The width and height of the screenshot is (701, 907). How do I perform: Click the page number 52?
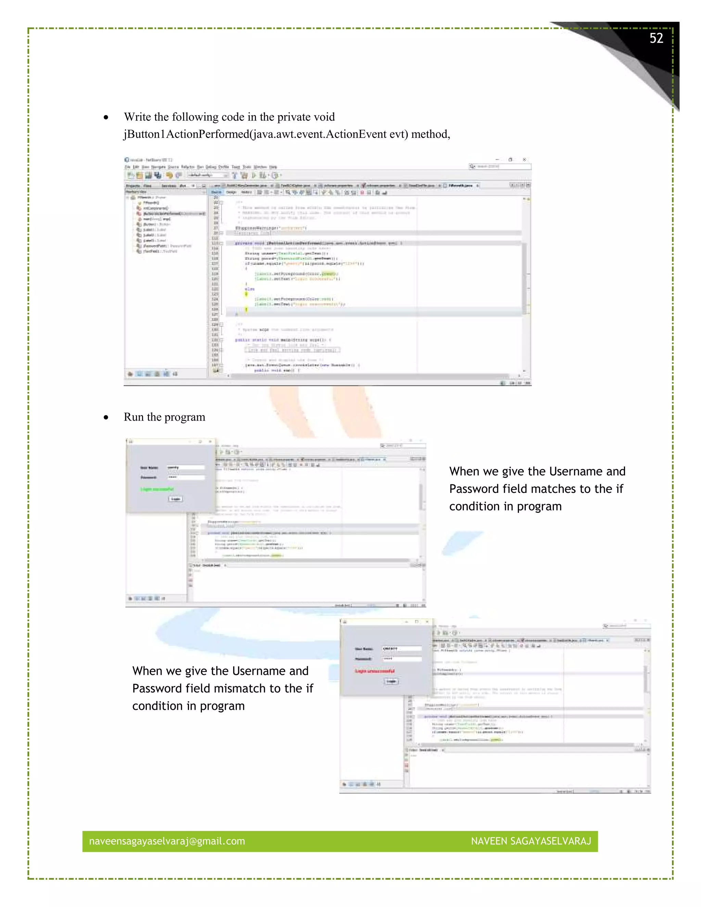pyautogui.click(x=656, y=38)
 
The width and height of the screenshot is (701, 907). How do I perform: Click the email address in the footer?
pyautogui.click(x=167, y=841)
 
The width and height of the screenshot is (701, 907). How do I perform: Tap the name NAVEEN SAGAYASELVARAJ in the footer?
pyautogui.click(x=531, y=841)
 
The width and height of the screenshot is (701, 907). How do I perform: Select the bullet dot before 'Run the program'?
pyautogui.click(x=106, y=417)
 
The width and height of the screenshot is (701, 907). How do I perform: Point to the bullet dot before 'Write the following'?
pyautogui.click(x=106, y=117)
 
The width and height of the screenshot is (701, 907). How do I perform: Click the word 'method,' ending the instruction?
pyautogui.click(x=431, y=134)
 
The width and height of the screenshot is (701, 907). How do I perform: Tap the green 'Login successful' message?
pyautogui.click(x=157, y=489)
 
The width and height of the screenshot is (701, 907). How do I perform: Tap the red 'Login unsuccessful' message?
pyautogui.click(x=374, y=671)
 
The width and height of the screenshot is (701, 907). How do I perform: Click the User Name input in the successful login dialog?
pyautogui.click(x=186, y=468)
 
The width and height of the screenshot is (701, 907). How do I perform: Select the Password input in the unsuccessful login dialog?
pyautogui.click(x=402, y=659)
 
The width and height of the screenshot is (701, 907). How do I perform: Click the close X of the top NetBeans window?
pyautogui.click(x=524, y=159)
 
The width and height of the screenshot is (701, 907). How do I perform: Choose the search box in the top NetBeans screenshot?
pyautogui.click(x=500, y=167)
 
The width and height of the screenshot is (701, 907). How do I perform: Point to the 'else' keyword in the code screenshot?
pyautogui.click(x=250, y=289)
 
